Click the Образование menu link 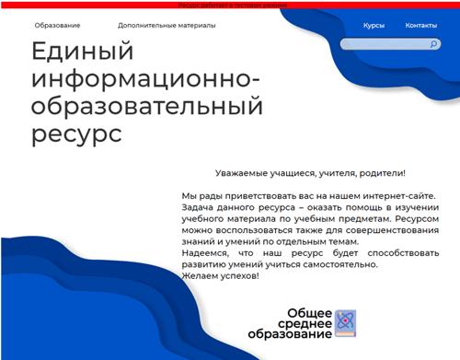pos(57,26)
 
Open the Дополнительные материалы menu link pos(167,26)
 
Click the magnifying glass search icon pos(434,44)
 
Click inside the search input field pos(382,44)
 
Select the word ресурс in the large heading pos(75,134)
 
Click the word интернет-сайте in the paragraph pos(397,196)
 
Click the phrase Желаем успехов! pos(221,276)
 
